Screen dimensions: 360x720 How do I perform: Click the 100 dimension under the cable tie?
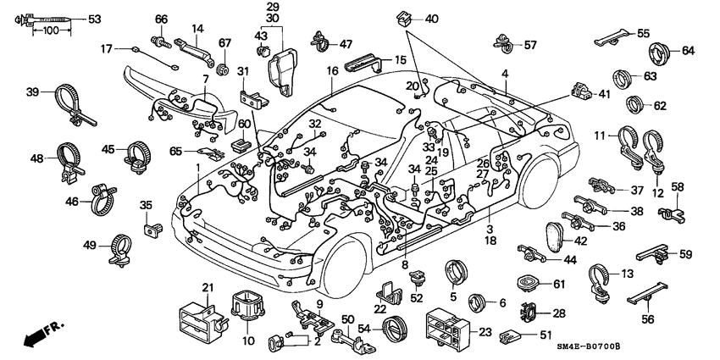click(50, 31)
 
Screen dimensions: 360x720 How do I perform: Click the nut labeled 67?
click(224, 66)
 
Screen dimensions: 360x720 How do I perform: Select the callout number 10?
click(248, 341)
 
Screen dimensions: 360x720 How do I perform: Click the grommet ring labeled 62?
click(634, 106)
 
